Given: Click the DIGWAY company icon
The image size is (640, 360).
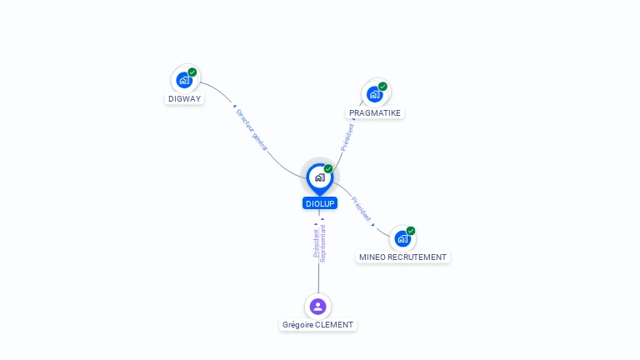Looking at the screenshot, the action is click(x=184, y=80).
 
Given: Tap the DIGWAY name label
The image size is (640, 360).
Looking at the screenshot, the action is click(x=184, y=99).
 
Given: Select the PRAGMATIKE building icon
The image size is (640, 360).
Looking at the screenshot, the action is click(x=375, y=94).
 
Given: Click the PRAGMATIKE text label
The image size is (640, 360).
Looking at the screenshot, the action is click(x=375, y=113).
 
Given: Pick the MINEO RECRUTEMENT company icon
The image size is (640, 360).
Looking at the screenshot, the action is click(x=402, y=239).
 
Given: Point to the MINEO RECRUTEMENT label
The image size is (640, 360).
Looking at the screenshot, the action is click(x=402, y=257).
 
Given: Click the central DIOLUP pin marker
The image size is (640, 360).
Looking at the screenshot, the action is click(x=320, y=179).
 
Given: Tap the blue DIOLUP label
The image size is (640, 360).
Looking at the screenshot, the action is click(x=320, y=203).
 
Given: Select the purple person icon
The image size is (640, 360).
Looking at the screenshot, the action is click(x=318, y=307).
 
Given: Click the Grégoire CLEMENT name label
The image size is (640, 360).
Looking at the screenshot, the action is click(x=318, y=325).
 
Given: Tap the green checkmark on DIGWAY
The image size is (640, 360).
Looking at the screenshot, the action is click(x=192, y=72).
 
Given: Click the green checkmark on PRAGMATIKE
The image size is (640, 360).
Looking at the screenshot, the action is click(x=382, y=87).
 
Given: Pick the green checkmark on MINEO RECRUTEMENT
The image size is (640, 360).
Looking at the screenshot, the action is click(x=411, y=231).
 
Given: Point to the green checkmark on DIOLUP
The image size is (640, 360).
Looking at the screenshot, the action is click(x=328, y=168).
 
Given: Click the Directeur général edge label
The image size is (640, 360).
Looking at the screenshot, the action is click(x=252, y=130).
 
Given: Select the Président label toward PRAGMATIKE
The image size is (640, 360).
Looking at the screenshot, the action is click(x=347, y=137).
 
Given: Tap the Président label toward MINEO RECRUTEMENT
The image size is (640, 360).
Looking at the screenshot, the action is click(x=361, y=209).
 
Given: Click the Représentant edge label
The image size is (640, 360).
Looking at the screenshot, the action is click(x=322, y=243).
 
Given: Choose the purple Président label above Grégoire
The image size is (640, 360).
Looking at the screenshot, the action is click(x=316, y=242).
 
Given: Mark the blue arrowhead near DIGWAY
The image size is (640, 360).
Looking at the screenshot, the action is click(x=235, y=107).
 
